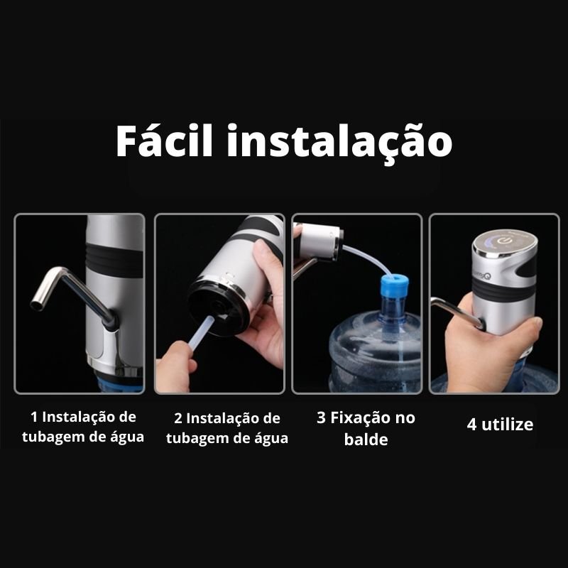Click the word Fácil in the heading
(x=164, y=140)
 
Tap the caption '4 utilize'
(x=500, y=424)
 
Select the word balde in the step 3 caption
(x=366, y=439)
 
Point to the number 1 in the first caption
(x=34, y=417)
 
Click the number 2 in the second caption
(x=178, y=418)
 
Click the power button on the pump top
(x=504, y=241)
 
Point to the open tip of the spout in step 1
(x=36, y=305)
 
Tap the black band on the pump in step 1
(x=114, y=258)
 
